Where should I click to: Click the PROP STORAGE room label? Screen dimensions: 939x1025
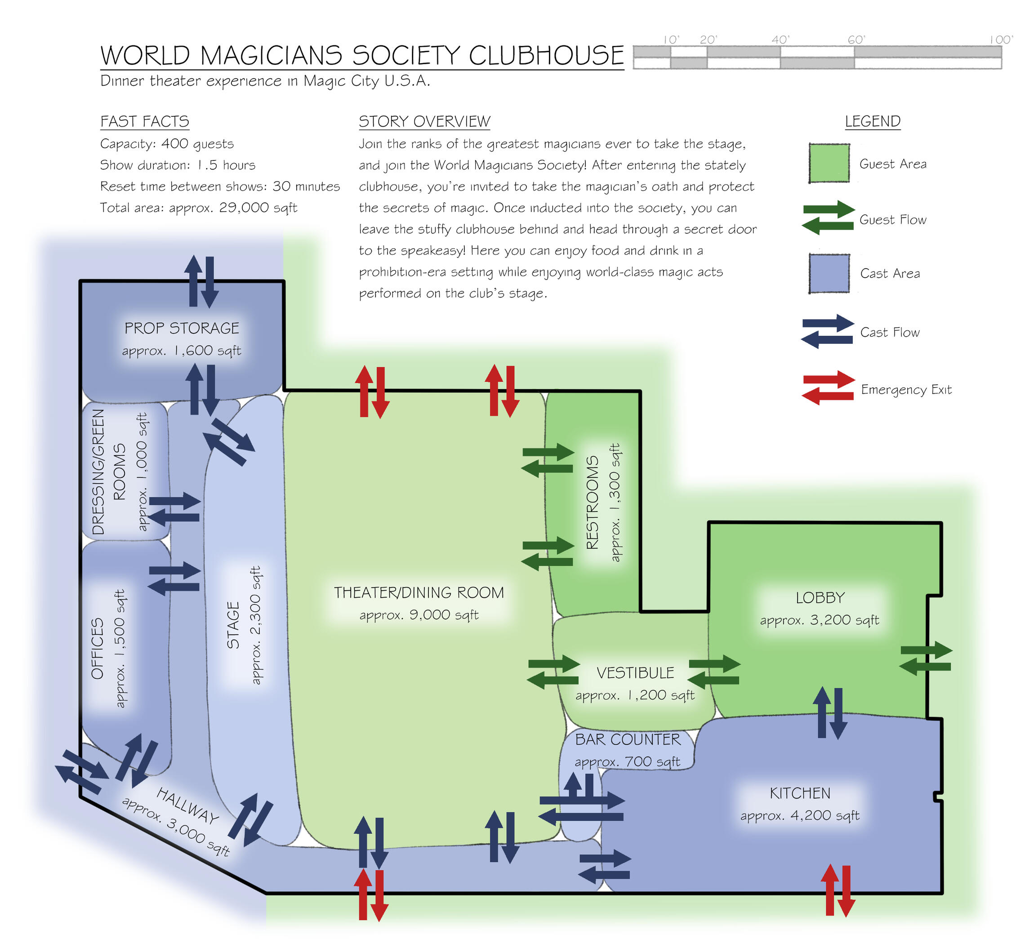182,328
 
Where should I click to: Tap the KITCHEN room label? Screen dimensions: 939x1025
800,792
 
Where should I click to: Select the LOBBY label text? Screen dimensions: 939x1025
820,597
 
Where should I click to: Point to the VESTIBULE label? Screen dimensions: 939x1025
635,672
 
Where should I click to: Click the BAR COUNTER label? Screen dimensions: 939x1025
628,739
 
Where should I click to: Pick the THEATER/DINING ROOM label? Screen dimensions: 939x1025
419,592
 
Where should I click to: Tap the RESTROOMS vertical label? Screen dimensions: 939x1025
593,502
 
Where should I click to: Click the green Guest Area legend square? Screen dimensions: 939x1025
829,163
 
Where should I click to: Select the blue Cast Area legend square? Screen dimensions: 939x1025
829,273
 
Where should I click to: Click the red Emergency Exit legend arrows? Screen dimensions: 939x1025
828,388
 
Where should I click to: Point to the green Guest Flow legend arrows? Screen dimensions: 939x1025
828,218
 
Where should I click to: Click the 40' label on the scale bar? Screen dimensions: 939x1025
780,40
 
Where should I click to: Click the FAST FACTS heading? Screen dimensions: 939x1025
144,121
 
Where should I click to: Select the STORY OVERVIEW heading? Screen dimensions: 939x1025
424,121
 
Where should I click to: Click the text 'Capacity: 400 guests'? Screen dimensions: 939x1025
167,144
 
